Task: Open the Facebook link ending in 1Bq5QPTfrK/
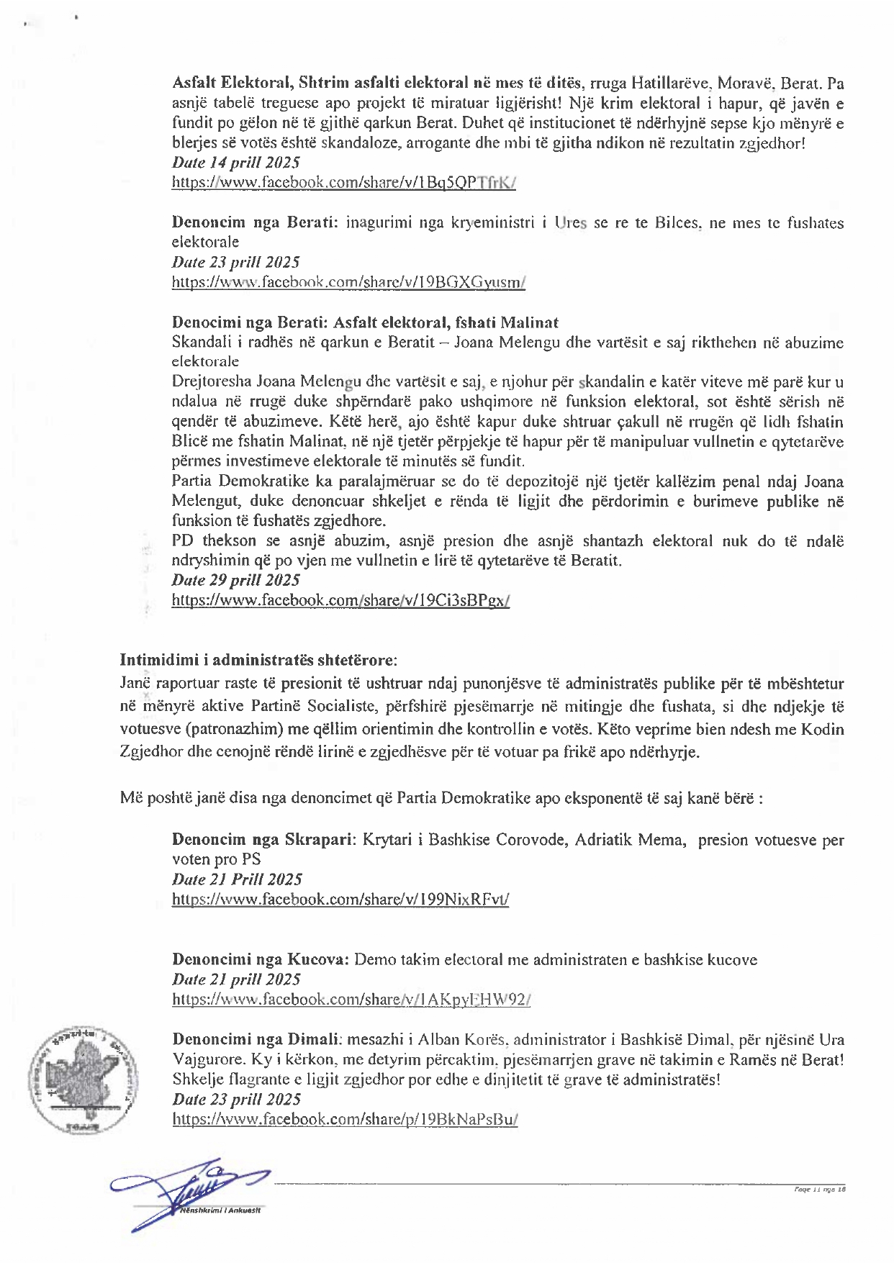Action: (x=344, y=183)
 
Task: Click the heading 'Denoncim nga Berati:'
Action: (x=256, y=222)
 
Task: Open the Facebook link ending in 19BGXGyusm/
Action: (x=348, y=282)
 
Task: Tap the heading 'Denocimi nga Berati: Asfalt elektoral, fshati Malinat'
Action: (x=365, y=322)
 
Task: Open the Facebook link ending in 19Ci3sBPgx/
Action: (x=340, y=600)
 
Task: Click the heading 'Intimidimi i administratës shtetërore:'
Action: (x=258, y=659)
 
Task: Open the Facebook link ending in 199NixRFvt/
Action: (x=340, y=899)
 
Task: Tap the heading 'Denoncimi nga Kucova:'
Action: (x=261, y=959)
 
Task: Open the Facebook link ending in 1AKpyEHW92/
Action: (x=351, y=999)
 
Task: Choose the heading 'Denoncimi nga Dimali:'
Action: (x=256, y=1039)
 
